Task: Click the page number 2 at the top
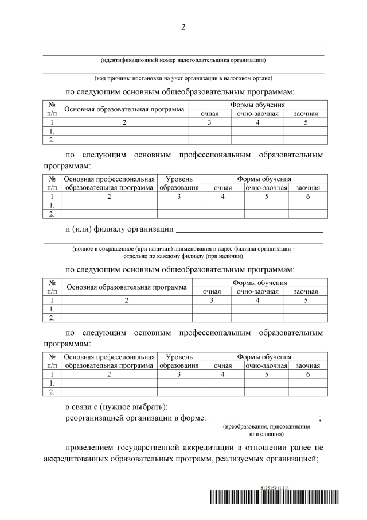coord(183,27)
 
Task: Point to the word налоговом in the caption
coord(230,78)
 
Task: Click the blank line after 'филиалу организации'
coord(249,232)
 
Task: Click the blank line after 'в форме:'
coord(264,421)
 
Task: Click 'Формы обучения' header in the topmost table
coord(257,105)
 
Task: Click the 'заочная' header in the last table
coord(307,365)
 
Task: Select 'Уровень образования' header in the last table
coord(179,361)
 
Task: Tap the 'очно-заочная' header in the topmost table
coord(257,114)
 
